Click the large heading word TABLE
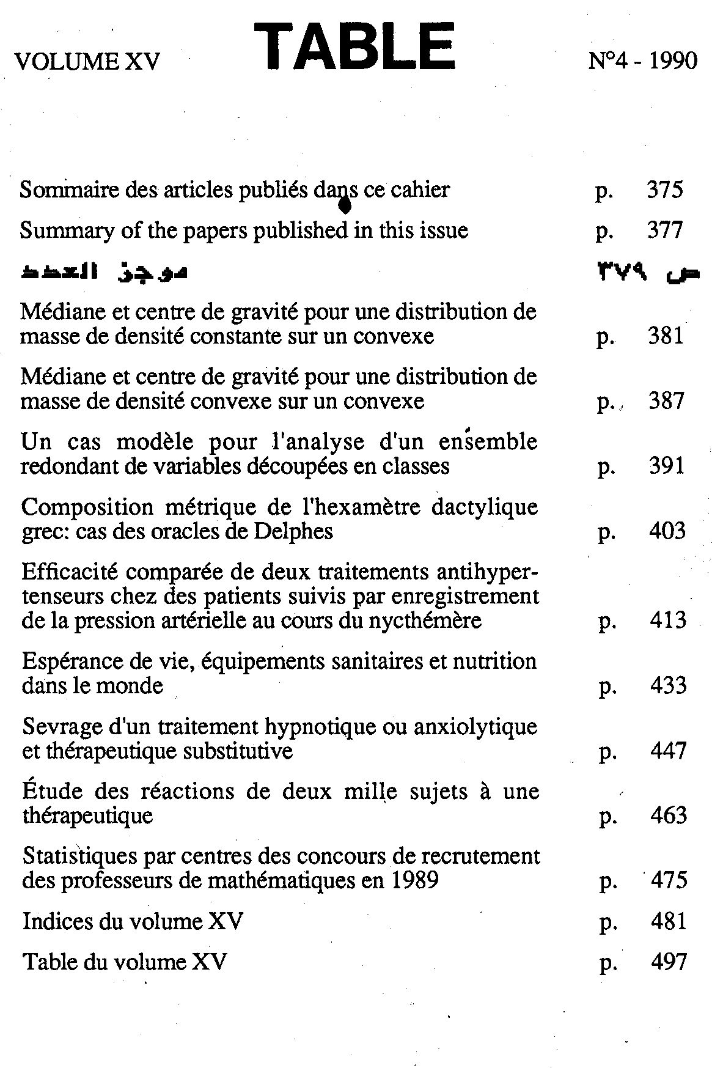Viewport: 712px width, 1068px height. (354, 48)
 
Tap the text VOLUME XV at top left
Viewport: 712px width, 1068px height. (87, 62)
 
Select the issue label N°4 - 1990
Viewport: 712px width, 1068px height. (642, 61)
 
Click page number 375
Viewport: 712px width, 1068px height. (664, 190)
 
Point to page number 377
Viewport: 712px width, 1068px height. (664, 230)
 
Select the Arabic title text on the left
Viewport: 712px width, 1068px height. (104, 272)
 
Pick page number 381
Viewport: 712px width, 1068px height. (666, 336)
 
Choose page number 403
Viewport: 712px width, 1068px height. (667, 531)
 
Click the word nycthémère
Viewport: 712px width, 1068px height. (425, 621)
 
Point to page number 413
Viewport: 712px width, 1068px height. (668, 621)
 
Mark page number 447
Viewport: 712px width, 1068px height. (669, 751)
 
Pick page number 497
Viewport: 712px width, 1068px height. (669, 962)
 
